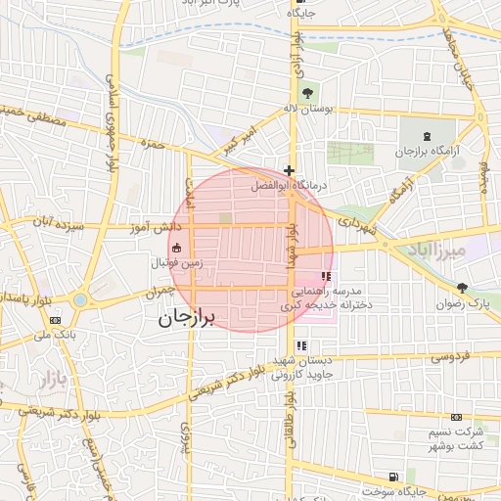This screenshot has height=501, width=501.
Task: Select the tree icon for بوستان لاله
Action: tap(307, 93)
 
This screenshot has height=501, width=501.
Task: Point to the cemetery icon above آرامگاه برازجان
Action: tap(428, 135)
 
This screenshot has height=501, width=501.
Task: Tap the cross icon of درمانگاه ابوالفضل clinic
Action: tap(288, 169)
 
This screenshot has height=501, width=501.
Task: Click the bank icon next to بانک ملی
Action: tap(55, 319)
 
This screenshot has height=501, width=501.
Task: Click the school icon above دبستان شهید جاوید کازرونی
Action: tap(302, 344)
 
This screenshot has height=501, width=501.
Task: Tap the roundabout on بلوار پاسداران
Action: tap(79, 299)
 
